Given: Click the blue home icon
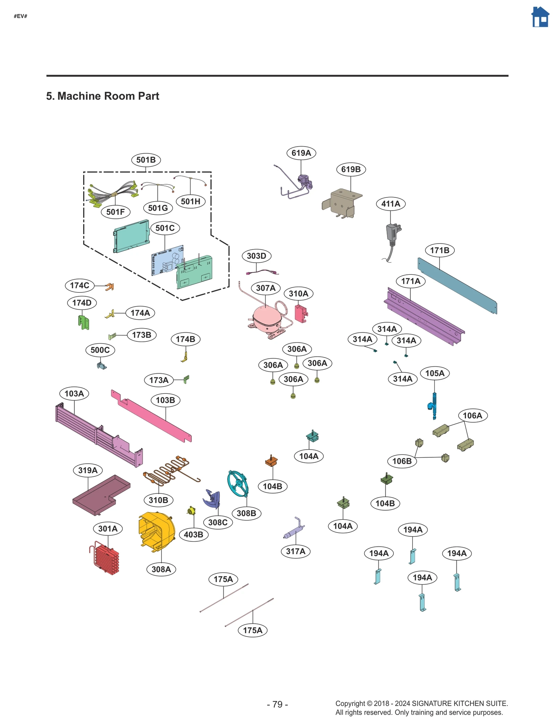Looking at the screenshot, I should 540,17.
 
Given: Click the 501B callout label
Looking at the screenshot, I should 146,160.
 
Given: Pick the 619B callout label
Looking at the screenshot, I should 351,169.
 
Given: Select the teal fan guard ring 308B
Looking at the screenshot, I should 238,483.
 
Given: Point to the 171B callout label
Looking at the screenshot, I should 439,250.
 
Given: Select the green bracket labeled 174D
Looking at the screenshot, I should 83,322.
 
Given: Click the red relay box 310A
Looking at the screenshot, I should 301,313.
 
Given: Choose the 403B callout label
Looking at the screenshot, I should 194,534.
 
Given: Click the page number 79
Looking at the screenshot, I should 277,704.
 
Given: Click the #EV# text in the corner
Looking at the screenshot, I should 20,16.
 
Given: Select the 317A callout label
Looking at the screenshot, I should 296,551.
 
